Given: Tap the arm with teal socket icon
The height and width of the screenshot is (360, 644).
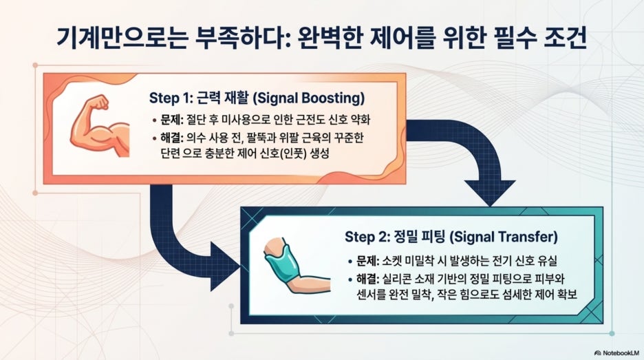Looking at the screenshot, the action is click(x=297, y=265).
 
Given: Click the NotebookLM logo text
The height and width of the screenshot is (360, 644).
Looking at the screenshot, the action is click(x=617, y=352).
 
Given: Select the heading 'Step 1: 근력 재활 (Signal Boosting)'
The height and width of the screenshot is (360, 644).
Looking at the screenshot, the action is click(x=257, y=98).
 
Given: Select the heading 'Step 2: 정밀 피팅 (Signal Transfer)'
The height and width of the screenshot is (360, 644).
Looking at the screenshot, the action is click(x=451, y=237).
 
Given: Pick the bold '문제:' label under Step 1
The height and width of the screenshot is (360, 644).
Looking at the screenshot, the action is click(x=172, y=120).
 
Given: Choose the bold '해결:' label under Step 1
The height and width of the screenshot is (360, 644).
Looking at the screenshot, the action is click(x=172, y=138).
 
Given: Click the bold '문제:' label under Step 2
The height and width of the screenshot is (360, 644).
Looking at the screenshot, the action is click(x=367, y=260).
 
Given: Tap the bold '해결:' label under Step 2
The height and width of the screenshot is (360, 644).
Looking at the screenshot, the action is click(x=367, y=279).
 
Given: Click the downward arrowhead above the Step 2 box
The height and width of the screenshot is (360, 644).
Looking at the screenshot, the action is click(x=490, y=191).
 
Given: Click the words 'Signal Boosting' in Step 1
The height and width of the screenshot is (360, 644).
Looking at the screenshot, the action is click(x=308, y=98).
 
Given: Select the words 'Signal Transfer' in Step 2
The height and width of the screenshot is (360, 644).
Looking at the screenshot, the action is click(x=504, y=237).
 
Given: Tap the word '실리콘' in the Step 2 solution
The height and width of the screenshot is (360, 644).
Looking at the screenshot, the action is click(x=397, y=279).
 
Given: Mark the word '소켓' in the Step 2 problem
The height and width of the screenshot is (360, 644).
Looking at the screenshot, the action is click(x=391, y=260).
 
